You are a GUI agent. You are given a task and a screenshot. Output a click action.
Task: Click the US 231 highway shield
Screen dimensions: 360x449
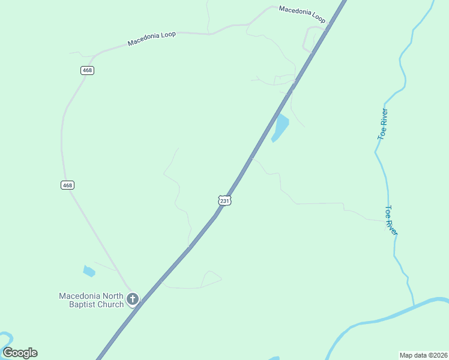coord(224,200)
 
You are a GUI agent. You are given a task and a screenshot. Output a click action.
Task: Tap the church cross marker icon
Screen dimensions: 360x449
coord(133,299)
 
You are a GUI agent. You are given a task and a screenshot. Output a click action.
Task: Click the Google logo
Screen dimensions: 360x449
coord(20,353)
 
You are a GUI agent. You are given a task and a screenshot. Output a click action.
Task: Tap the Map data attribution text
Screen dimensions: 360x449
coord(415,355)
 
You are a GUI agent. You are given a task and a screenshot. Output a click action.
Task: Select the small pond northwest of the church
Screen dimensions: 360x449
coord(89,271)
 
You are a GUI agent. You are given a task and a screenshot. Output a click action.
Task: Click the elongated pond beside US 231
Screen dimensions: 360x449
coord(280,127)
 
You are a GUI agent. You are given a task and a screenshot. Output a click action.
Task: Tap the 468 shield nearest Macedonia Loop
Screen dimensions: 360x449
coord(88,70)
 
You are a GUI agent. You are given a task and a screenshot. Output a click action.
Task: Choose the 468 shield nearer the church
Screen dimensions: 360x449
coord(67,185)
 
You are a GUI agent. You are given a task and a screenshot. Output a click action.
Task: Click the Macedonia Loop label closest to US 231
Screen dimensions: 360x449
coord(302,14)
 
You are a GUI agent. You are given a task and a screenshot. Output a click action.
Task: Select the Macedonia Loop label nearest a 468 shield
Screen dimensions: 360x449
coord(151,38)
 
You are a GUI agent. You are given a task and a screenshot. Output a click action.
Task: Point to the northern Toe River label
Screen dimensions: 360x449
coord(382,124)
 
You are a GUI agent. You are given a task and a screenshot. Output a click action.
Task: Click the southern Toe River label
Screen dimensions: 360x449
coord(391,220)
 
